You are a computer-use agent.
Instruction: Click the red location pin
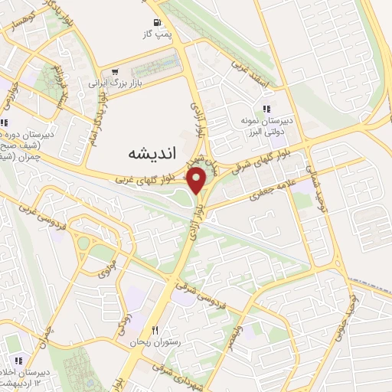[198, 180]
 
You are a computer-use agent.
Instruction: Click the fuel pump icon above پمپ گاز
[158, 23]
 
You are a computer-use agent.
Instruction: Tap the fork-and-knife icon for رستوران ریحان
[155, 331]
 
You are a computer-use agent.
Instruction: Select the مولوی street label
[105, 267]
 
